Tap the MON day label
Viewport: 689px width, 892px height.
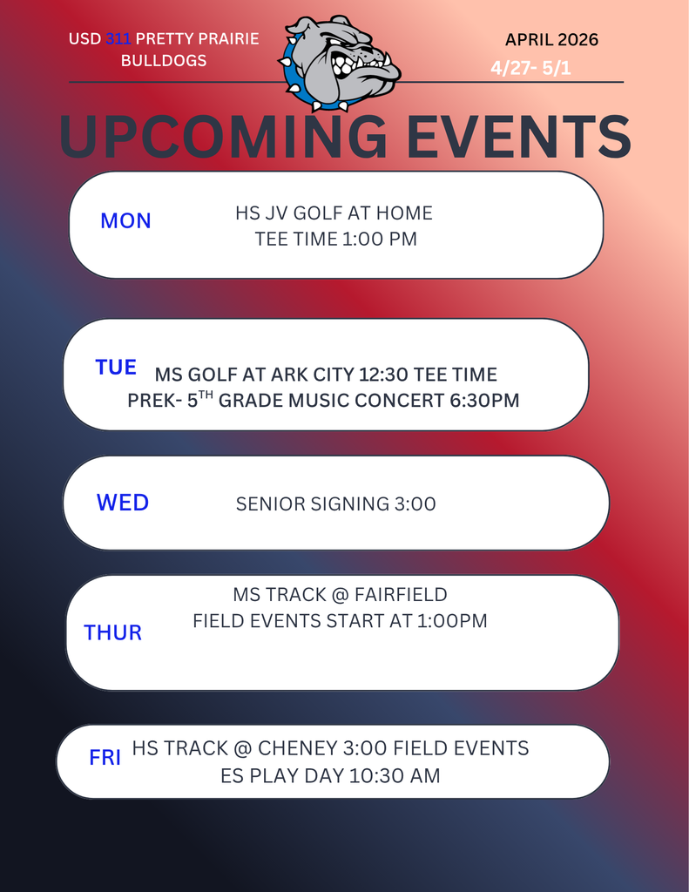(125, 221)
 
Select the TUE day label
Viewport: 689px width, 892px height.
(116, 368)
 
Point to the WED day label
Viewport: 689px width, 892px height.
(123, 503)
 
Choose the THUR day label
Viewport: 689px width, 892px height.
(112, 633)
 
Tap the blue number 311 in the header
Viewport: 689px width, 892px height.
(118, 39)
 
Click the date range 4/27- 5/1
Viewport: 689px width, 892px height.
(530, 68)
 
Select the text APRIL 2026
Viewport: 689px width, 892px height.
(551, 40)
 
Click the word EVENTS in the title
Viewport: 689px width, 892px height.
(509, 136)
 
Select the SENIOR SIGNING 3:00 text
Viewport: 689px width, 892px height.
(335, 504)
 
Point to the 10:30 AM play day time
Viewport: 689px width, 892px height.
(394, 775)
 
